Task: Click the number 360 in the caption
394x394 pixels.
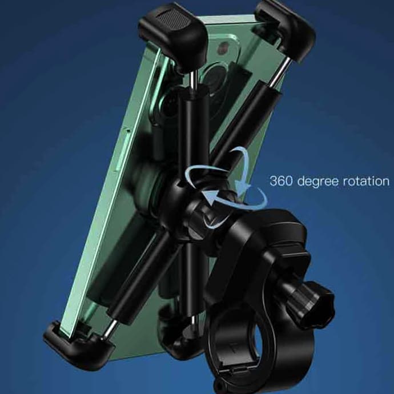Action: coord(281,180)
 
